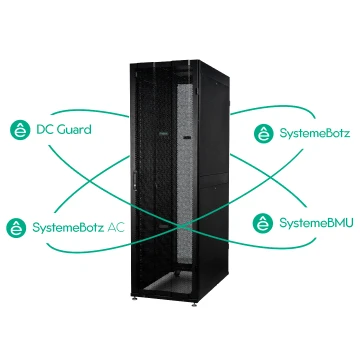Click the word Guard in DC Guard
[x=74, y=129]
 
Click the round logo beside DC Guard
[x=20, y=130]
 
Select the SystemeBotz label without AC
[x=315, y=133]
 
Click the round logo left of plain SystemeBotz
[x=264, y=133]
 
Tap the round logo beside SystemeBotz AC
[x=16, y=228]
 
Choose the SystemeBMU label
[x=316, y=223]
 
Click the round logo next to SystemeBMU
[x=263, y=223]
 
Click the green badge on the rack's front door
[x=162, y=135]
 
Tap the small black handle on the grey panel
[x=187, y=137]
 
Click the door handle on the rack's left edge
[x=135, y=182]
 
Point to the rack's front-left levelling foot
[x=135, y=298]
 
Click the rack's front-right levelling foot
[x=194, y=304]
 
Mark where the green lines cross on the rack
[x=181, y=226]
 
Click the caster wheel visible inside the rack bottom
[x=177, y=274]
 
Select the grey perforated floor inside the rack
[x=168, y=284]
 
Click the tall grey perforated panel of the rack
[x=185, y=174]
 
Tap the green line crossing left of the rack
[x=90, y=181]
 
